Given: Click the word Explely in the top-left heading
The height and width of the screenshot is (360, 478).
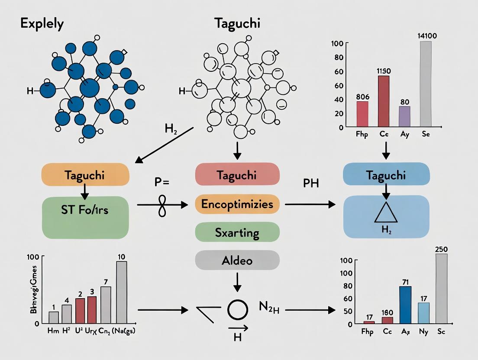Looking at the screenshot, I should click(x=42, y=23).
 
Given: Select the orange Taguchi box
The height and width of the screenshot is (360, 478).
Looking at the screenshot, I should click(x=85, y=175).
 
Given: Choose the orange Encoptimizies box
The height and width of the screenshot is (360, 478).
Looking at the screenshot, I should click(x=237, y=204).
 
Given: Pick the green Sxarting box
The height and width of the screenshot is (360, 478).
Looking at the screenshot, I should click(x=237, y=233).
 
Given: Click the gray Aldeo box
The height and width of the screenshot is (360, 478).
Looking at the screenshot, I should click(x=237, y=260).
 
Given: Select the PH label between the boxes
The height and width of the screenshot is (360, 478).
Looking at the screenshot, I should click(x=311, y=183).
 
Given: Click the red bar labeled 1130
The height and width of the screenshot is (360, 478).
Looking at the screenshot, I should click(x=383, y=100).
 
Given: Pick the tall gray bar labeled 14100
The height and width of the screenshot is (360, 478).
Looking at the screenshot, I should click(x=425, y=84).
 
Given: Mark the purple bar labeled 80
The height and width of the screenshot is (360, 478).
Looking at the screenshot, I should click(x=404, y=116).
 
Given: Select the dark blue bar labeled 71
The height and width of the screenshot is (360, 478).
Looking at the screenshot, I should click(x=405, y=305).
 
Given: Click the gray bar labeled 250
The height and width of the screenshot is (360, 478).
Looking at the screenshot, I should click(x=442, y=289).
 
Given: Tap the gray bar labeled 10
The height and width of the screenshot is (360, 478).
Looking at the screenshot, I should click(x=121, y=292).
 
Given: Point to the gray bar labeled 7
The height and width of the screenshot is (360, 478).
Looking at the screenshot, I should click(x=106, y=305).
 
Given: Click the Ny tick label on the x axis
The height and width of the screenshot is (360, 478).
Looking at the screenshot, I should click(x=423, y=332).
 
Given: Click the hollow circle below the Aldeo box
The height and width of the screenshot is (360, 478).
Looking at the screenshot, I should click(x=237, y=310).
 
